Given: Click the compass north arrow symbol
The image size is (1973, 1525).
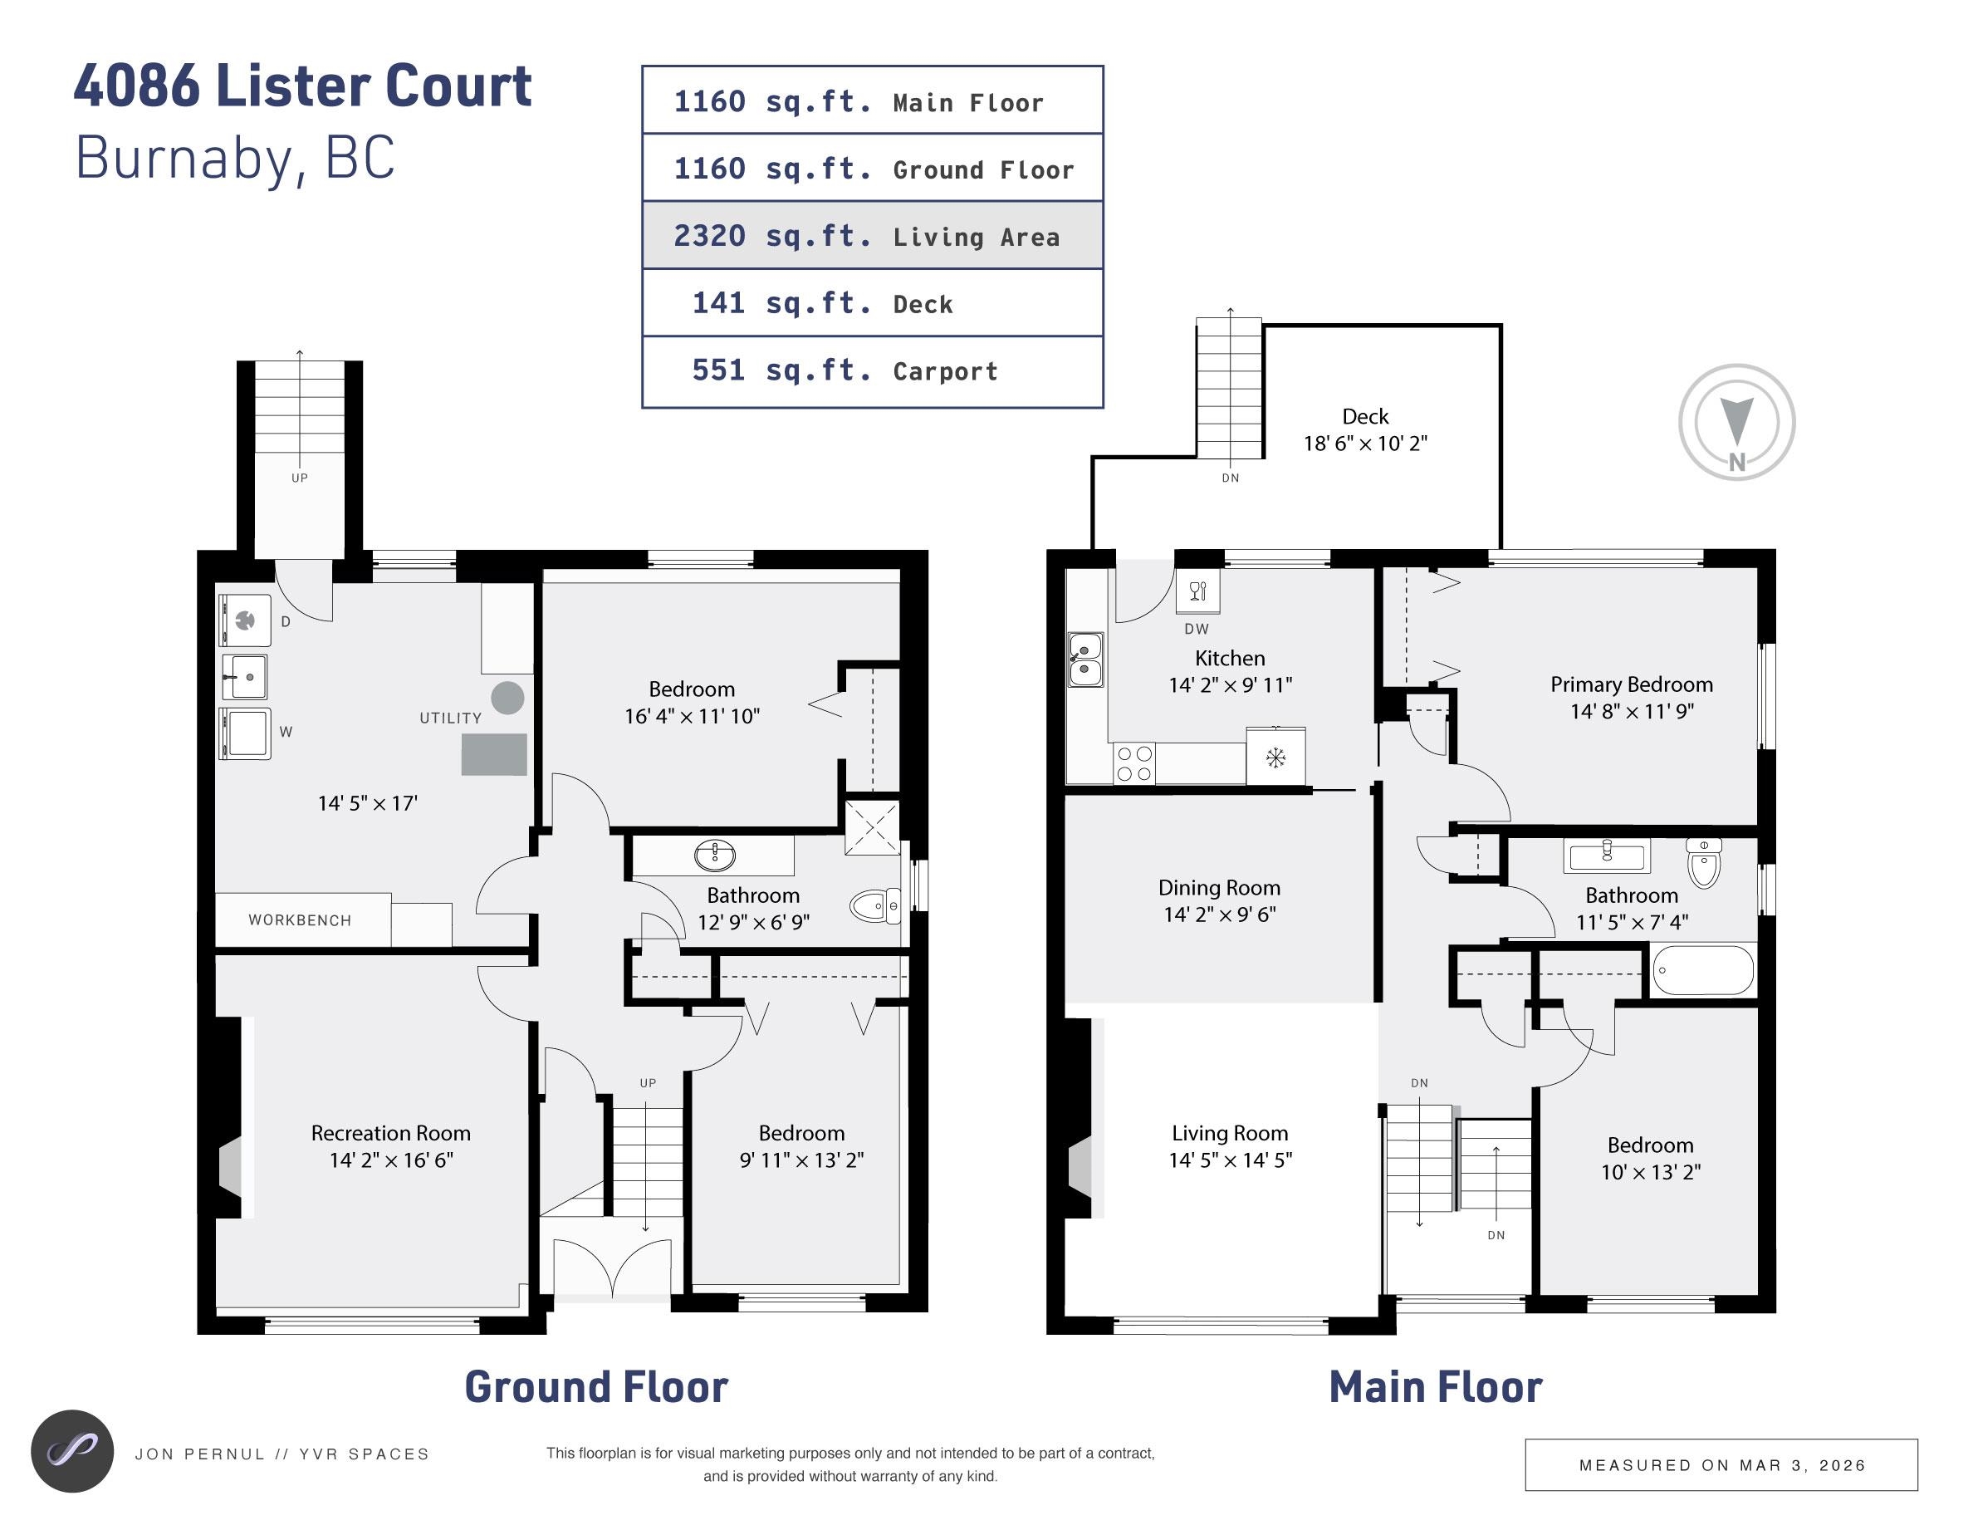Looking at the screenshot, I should click(1736, 421).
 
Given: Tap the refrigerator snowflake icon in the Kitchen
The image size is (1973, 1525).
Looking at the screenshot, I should click(1275, 757).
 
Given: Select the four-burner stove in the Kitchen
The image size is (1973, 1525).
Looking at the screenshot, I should click(1133, 763).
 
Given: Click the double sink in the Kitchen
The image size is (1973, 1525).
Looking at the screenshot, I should click(1085, 660).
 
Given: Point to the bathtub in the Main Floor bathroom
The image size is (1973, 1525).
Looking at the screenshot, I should click(1703, 970).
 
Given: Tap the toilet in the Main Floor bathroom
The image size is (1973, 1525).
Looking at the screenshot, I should click(1704, 863).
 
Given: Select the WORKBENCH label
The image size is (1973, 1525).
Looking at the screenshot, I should click(300, 919).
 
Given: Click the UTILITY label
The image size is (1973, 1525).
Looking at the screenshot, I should click(450, 718).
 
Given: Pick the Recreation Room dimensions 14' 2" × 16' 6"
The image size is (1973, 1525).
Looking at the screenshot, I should click(391, 1160).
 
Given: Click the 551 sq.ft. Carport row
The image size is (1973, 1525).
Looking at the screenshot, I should click(872, 371).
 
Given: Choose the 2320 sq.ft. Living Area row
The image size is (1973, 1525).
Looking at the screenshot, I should click(872, 236).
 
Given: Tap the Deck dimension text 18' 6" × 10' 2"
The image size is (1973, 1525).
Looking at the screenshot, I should click(1364, 444).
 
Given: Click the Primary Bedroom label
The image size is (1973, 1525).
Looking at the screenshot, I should click(1631, 684).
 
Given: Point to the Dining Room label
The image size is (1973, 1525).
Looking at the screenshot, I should click(1219, 888).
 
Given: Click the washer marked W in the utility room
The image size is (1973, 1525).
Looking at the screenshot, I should click(246, 733).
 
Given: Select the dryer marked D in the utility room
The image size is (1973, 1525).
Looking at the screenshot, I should click(245, 620).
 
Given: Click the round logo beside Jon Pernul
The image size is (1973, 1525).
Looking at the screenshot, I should click(72, 1451).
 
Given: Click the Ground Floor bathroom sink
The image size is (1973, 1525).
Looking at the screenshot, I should click(715, 854).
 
